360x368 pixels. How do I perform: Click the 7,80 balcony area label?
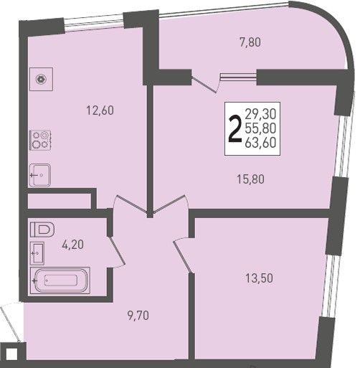[250, 43]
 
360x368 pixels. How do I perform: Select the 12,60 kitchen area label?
[100, 110]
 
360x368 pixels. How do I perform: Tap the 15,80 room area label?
[251, 179]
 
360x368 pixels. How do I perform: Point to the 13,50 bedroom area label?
[259, 278]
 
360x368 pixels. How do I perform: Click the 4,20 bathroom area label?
[72, 245]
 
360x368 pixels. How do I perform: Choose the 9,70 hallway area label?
[138, 316]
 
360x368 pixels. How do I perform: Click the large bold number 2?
[235, 129]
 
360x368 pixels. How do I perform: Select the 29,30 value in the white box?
[261, 114]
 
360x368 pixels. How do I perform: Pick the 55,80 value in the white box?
[261, 128]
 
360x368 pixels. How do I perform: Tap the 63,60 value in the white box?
[261, 143]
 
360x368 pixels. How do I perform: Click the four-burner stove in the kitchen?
[40, 140]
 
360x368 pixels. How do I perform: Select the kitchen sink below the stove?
[40, 175]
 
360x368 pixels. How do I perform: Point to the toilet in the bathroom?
[42, 230]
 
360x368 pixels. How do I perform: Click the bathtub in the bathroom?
[60, 280]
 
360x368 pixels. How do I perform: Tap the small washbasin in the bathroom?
[37, 253]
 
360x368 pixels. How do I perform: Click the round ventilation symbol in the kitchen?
[41, 79]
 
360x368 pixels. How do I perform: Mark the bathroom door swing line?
[117, 251]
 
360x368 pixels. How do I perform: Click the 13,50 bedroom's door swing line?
[182, 256]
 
